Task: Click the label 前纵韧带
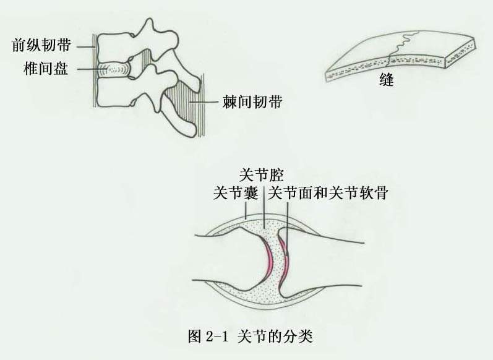[x=41, y=45]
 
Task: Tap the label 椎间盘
[x=46, y=69]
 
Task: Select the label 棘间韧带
[x=252, y=102]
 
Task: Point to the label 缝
[x=387, y=80]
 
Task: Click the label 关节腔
[x=262, y=175]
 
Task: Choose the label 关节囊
[x=236, y=193]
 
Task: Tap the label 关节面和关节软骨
[x=328, y=193]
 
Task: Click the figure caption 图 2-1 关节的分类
[x=251, y=336]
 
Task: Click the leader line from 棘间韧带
[x=204, y=102]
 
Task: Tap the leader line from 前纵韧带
[x=86, y=47]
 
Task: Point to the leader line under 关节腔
[x=264, y=205]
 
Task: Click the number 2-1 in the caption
[x=216, y=336]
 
